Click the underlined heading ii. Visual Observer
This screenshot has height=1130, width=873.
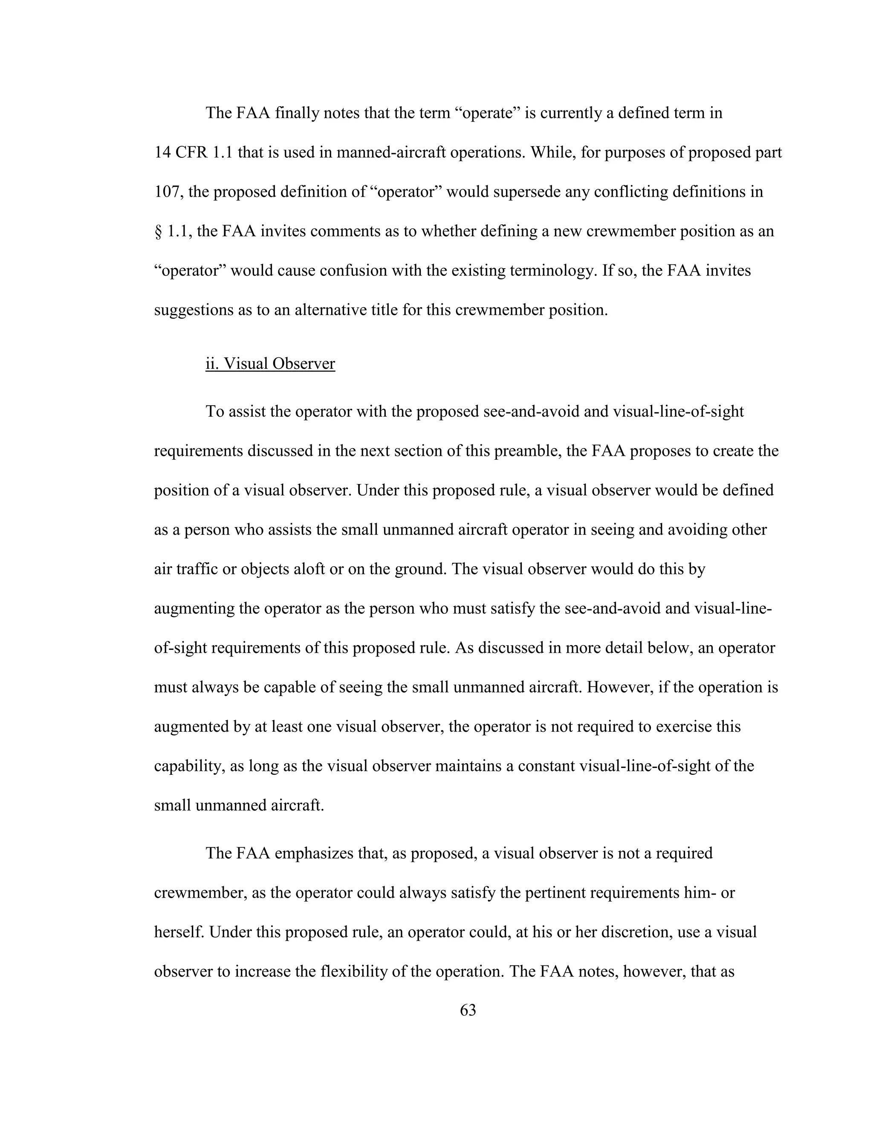coord(270,364)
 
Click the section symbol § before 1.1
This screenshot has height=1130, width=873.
coord(158,231)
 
